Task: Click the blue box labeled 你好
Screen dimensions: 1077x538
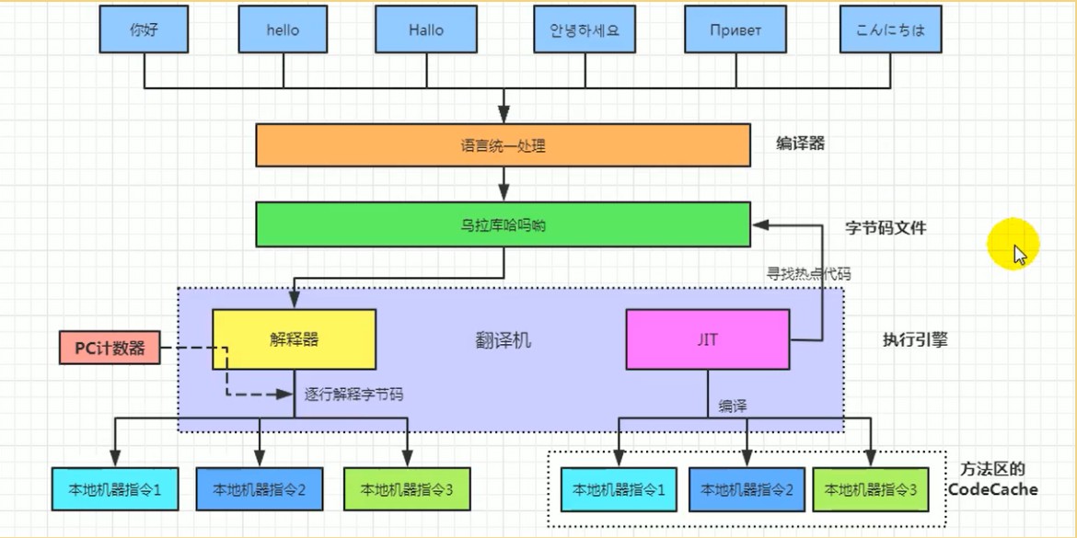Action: coord(145,30)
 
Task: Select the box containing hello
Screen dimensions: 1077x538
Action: coord(283,30)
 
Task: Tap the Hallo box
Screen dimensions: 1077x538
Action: coord(426,30)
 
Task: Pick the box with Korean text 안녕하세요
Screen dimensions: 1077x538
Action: coord(585,30)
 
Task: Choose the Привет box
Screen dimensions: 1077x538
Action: coord(736,30)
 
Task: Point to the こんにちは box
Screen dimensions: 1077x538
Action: coord(891,30)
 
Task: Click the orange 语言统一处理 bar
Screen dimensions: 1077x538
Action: coord(503,145)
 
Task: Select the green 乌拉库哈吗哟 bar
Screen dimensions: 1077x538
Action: coord(503,225)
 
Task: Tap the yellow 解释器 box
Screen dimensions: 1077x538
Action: coord(294,339)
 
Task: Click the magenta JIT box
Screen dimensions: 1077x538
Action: coord(708,339)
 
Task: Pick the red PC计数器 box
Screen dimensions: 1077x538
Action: coord(110,348)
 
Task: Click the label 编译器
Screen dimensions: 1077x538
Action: coord(800,144)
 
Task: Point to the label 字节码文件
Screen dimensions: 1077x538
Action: coord(886,228)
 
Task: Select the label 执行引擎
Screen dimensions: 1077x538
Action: coord(915,339)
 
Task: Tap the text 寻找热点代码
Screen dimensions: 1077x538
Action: coord(808,274)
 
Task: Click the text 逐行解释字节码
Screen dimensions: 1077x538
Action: coord(353,394)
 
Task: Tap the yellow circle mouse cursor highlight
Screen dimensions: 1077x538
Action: coord(1013,245)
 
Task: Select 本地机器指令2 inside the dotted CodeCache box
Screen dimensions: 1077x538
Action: coord(747,490)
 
